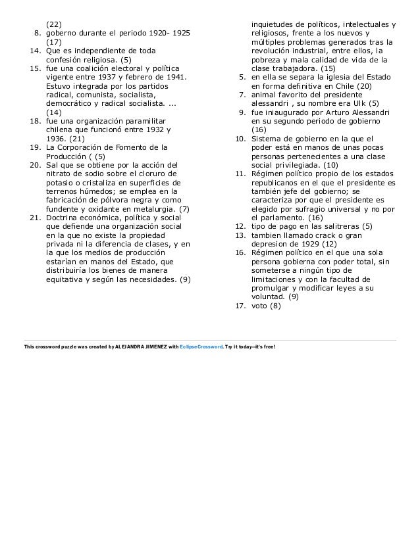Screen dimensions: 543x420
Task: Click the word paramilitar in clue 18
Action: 145,122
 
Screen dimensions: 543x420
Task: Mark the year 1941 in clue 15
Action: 174,77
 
